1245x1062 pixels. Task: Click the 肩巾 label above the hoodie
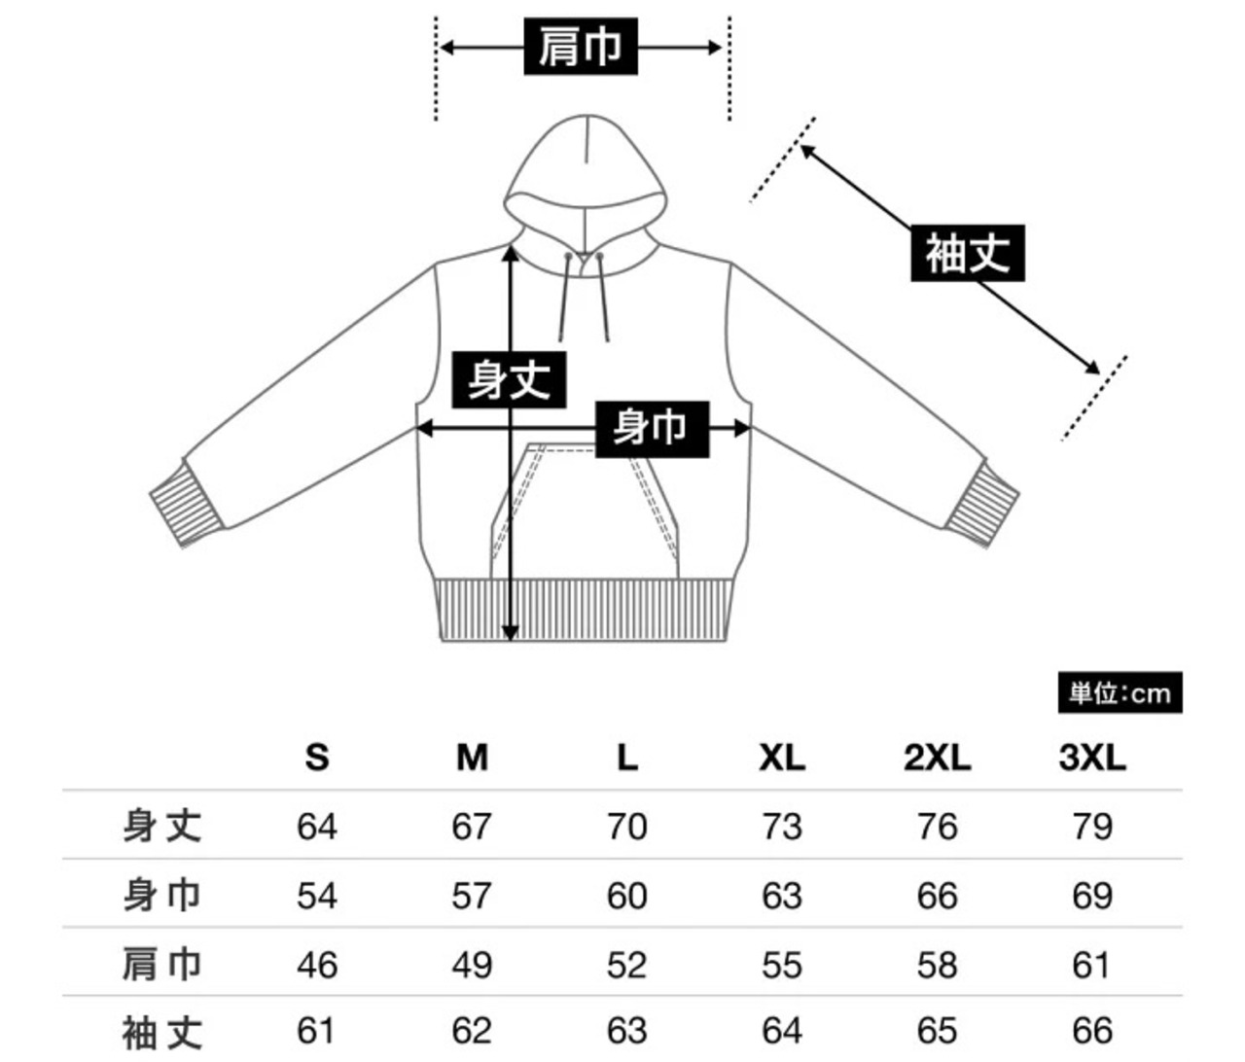tap(581, 47)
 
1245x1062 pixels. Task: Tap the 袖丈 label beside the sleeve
tap(967, 254)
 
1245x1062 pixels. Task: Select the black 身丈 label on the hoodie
tap(509, 378)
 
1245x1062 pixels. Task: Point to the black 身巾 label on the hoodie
tap(650, 427)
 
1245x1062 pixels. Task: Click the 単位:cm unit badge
tap(1120, 693)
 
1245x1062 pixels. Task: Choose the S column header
tap(317, 757)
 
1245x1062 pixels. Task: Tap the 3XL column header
tap(1091, 757)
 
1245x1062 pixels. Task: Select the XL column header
tap(782, 757)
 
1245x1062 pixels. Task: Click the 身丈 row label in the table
tap(162, 826)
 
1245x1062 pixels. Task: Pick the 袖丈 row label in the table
tap(162, 1032)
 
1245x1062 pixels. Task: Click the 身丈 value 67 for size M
tap(472, 827)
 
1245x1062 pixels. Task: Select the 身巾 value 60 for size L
tap(626, 896)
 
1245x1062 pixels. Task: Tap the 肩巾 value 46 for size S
tap(317, 965)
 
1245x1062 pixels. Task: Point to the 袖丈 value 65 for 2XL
tap(937, 1031)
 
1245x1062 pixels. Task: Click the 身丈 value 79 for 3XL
tap(1091, 827)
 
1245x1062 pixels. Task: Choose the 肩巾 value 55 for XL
tap(782, 965)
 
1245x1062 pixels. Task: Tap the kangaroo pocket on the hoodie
tap(584, 515)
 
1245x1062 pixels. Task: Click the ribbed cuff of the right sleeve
tap(981, 503)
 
